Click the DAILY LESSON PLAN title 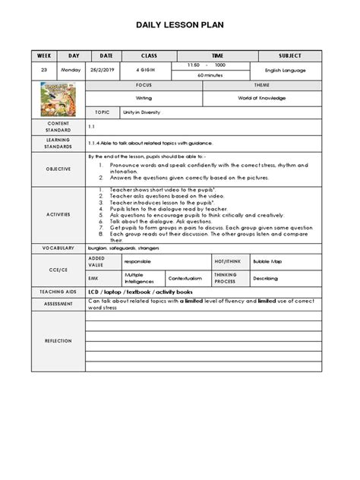tap(180, 25)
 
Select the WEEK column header tap(44, 55)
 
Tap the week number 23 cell tap(44, 70)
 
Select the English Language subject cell tap(290, 70)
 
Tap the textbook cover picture tap(58, 99)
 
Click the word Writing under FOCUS tap(144, 98)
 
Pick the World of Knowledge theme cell tap(262, 98)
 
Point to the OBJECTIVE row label tap(58, 169)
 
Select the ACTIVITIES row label tap(58, 215)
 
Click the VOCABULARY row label tap(58, 248)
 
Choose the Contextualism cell tap(185, 278)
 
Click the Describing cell tap(266, 278)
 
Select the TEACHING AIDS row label tap(58, 292)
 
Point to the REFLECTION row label tap(58, 341)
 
